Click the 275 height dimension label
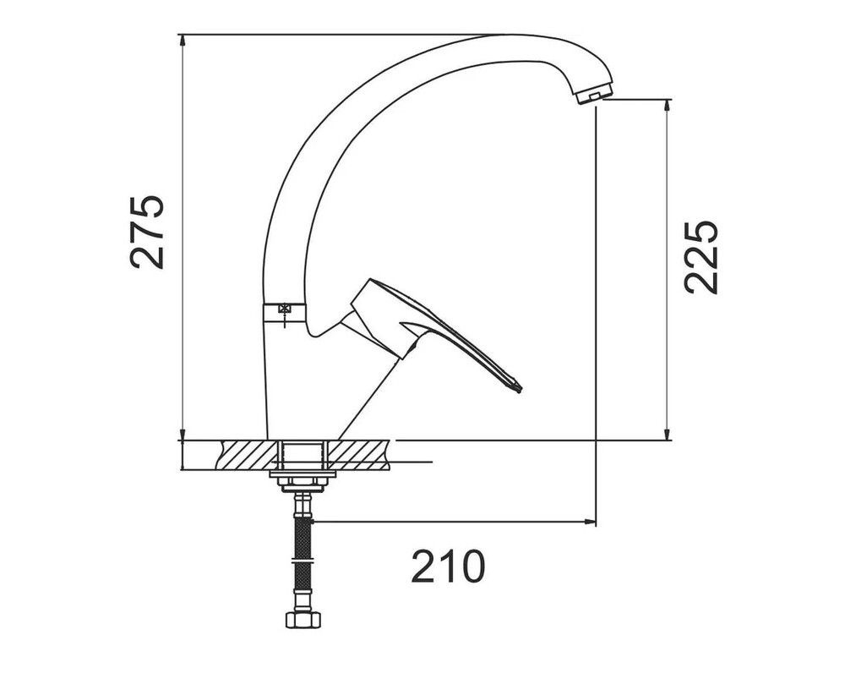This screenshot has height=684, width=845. pos(147,232)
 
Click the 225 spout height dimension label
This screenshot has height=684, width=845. pos(701,257)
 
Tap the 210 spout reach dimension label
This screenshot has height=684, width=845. pos(448,566)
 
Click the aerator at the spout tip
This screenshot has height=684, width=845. pos(594,95)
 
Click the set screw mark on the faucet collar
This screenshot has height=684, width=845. pos(284,310)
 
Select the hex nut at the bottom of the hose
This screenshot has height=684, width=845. pos(303,621)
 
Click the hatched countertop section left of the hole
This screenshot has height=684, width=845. pos(249,454)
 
